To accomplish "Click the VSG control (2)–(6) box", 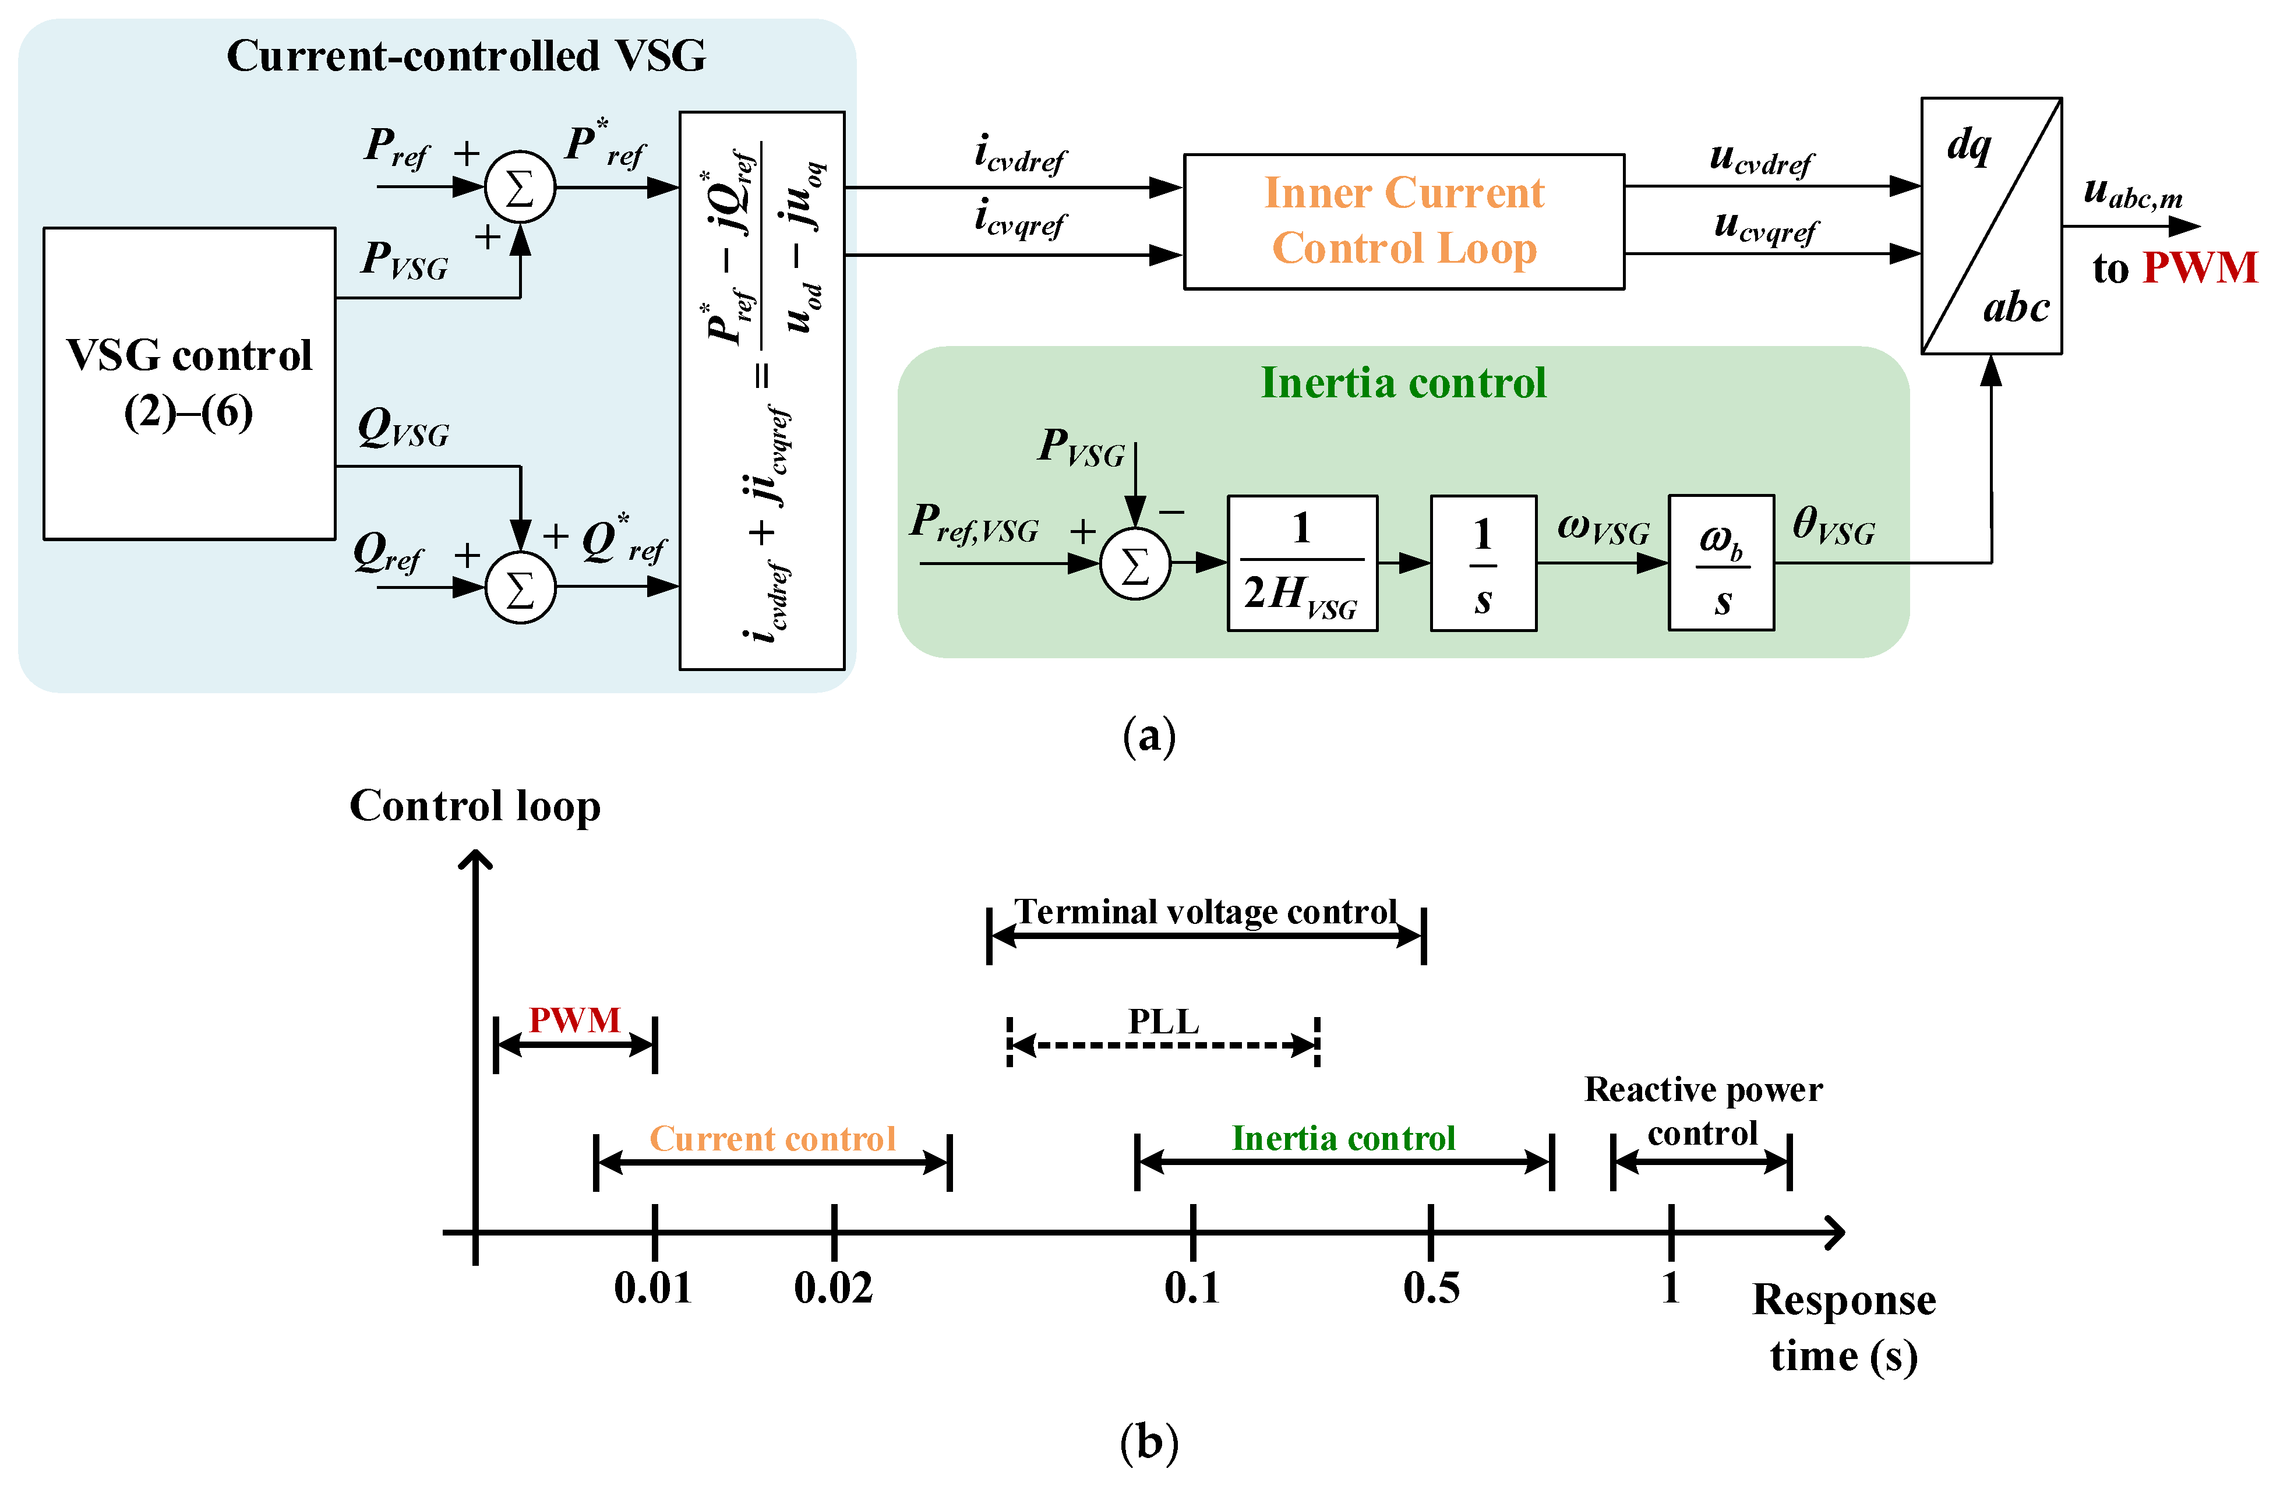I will point(189,383).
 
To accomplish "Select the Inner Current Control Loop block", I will point(1403,221).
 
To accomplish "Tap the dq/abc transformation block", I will point(1990,225).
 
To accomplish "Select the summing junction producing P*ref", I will point(519,187).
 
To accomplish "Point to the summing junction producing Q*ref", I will point(519,587).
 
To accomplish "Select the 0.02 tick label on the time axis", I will point(832,1288).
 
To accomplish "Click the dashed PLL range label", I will point(1163,1021).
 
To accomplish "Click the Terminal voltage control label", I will point(1205,911).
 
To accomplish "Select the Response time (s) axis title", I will point(1843,1327).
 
